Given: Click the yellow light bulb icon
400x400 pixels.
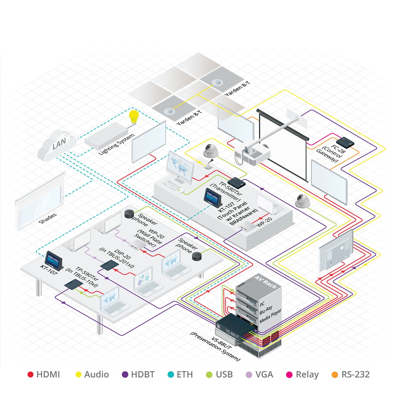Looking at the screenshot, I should [x=134, y=116].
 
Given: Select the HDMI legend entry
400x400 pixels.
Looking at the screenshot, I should [x=44, y=375].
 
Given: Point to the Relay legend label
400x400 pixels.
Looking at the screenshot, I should [x=307, y=375].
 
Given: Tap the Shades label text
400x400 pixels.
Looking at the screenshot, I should [x=48, y=219].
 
